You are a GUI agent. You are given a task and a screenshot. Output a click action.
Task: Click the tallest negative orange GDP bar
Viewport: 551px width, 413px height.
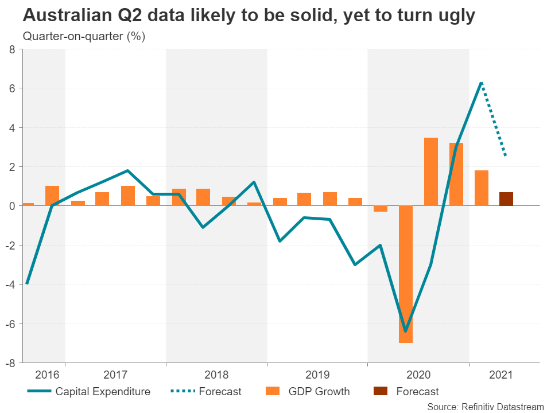[406, 274]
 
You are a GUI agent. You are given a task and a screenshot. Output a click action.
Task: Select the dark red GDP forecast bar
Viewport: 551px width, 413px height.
[506, 198]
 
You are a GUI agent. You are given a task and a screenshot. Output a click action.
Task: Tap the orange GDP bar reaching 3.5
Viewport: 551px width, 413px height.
[431, 172]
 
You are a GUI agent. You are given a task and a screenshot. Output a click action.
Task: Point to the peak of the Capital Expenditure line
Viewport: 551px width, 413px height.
[481, 83]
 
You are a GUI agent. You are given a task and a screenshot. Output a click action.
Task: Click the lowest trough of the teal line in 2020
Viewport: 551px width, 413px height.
[405, 331]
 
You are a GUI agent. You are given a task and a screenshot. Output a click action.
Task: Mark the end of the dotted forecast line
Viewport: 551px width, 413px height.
[505, 155]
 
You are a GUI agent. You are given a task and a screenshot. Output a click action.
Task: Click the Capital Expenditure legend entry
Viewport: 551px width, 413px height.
[90, 392]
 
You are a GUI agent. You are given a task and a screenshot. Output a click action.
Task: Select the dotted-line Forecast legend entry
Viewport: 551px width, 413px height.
[207, 392]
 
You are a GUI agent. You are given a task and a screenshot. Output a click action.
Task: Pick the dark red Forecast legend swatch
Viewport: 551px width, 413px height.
[379, 392]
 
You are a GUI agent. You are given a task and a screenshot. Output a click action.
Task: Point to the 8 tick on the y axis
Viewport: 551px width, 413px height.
[12, 49]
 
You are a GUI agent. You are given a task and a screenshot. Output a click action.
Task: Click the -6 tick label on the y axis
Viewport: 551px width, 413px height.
[10, 324]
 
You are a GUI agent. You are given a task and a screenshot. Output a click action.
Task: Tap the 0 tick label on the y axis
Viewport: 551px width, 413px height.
[12, 206]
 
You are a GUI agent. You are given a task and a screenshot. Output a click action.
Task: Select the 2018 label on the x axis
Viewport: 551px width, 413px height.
[216, 375]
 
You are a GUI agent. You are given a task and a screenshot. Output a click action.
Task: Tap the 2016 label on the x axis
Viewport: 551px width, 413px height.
[47, 375]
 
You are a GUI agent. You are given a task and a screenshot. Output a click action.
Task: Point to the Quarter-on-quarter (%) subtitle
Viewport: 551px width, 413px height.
[84, 37]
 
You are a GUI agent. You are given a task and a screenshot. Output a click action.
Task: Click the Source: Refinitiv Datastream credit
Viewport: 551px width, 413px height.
[486, 406]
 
